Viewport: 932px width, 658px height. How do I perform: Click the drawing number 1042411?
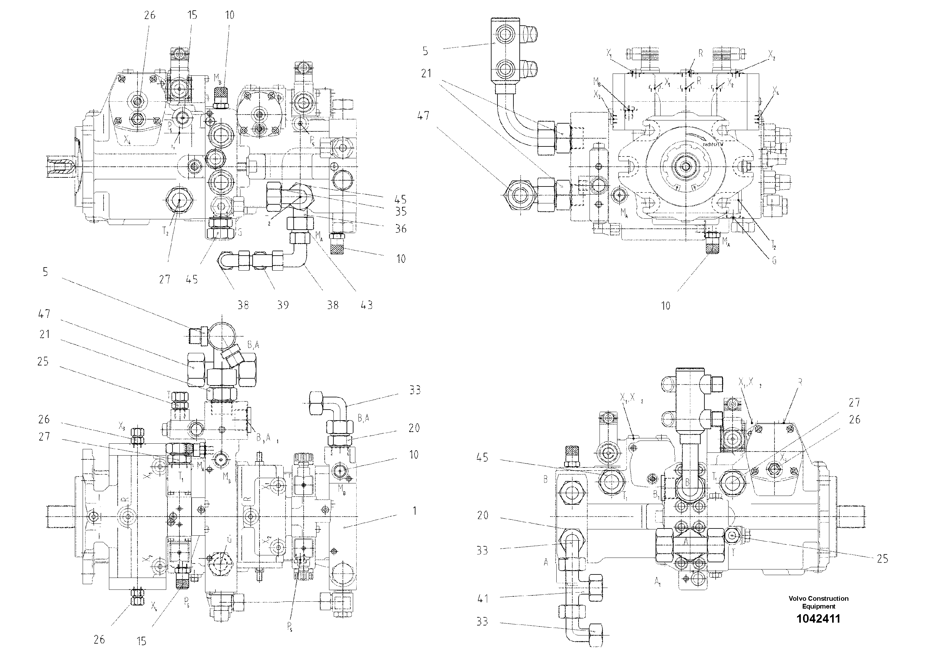point(818,619)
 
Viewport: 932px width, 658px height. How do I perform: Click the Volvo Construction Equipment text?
point(818,602)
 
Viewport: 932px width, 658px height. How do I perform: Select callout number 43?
point(367,305)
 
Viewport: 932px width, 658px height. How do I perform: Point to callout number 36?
point(401,229)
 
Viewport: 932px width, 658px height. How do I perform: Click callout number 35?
point(401,212)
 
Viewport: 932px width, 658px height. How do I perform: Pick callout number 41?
point(482,598)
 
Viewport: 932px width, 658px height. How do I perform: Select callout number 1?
point(415,511)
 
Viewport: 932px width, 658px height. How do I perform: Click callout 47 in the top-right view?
point(423,116)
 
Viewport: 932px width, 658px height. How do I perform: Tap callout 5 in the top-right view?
point(425,51)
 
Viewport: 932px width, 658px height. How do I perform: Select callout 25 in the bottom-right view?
point(883,559)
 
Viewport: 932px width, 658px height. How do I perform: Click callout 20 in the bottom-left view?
point(414,428)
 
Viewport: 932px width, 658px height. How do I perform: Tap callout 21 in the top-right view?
point(426,74)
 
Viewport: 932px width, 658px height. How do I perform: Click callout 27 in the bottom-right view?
point(854,402)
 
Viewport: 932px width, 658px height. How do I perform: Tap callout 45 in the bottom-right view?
point(482,458)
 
